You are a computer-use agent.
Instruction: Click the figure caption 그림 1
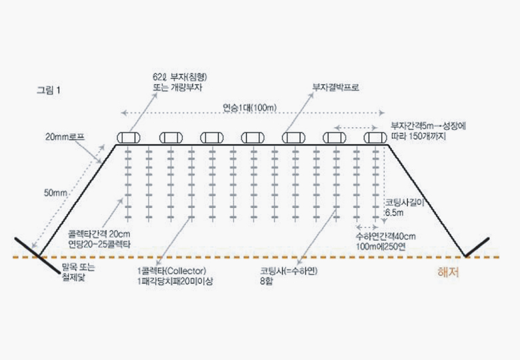[x=49, y=91]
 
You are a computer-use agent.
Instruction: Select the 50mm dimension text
[x=56, y=193]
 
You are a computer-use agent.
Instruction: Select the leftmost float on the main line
[x=128, y=137]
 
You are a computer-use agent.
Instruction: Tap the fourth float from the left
[x=252, y=137]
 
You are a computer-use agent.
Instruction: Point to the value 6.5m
[x=395, y=212]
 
